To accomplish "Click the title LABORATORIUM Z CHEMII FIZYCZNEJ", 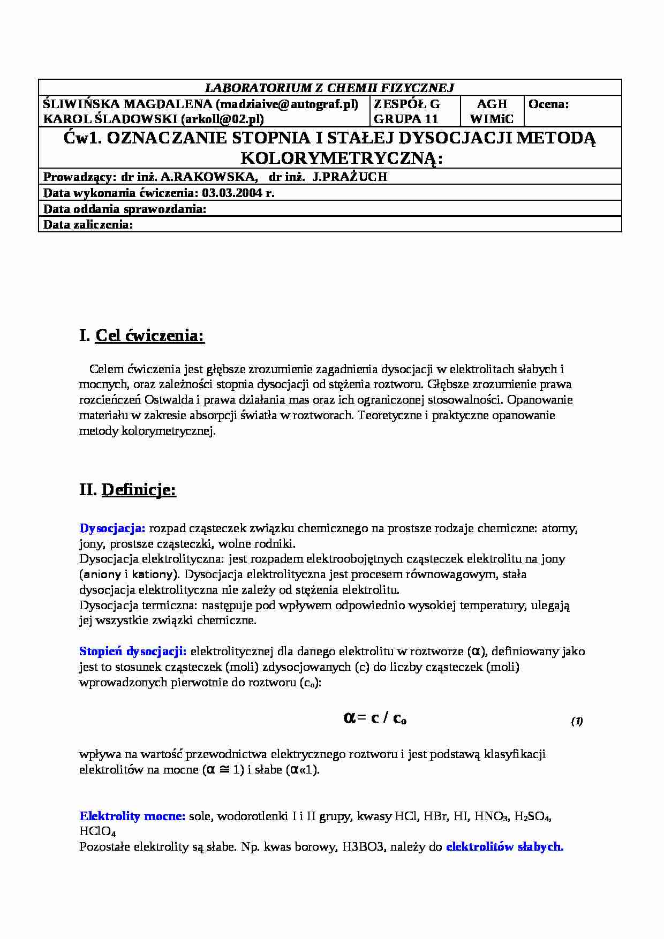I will tap(330, 88).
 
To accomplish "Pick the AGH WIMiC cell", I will tap(492, 111).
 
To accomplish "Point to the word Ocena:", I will tap(548, 104).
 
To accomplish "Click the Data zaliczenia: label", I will tap(88, 224).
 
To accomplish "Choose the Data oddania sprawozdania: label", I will tap(125, 209).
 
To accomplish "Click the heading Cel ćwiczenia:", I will tap(150, 336).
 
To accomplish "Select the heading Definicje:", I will tap(139, 490).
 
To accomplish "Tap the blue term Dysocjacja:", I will tap(112, 528).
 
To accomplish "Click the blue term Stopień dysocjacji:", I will tap(133, 652).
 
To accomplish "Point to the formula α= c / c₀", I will tap(374, 718).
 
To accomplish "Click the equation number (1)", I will tap(577, 721).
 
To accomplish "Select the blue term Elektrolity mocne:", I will tap(132, 816).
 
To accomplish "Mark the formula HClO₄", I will tap(97, 832).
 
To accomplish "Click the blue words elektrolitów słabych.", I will tap(504, 847).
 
